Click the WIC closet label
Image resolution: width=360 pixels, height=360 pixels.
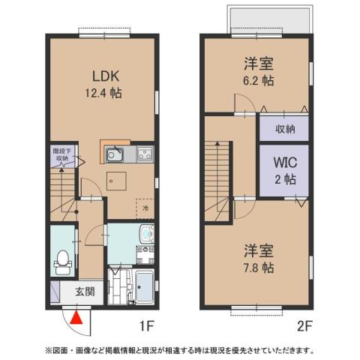point(283,163)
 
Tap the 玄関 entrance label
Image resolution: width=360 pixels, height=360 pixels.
point(85,292)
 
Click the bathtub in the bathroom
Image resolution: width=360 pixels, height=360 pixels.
point(142,287)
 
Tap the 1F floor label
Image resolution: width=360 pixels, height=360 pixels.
point(146,327)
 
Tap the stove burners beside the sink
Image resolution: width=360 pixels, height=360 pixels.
point(142,155)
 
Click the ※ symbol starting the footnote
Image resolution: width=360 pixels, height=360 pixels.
point(49,349)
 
